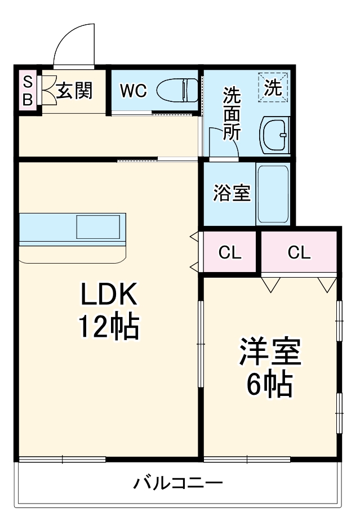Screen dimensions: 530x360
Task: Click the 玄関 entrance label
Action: pyautogui.click(x=74, y=90)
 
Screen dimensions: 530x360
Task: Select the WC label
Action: pyautogui.click(x=133, y=90)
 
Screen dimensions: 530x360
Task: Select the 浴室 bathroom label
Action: pyautogui.click(x=232, y=193)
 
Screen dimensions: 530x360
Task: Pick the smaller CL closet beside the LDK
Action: pyautogui.click(x=230, y=253)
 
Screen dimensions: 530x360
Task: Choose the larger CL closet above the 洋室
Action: pyautogui.click(x=299, y=252)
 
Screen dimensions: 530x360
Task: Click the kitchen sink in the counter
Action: pyautogui.click(x=98, y=226)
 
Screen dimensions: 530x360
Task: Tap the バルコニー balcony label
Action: pyautogui.click(x=178, y=483)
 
